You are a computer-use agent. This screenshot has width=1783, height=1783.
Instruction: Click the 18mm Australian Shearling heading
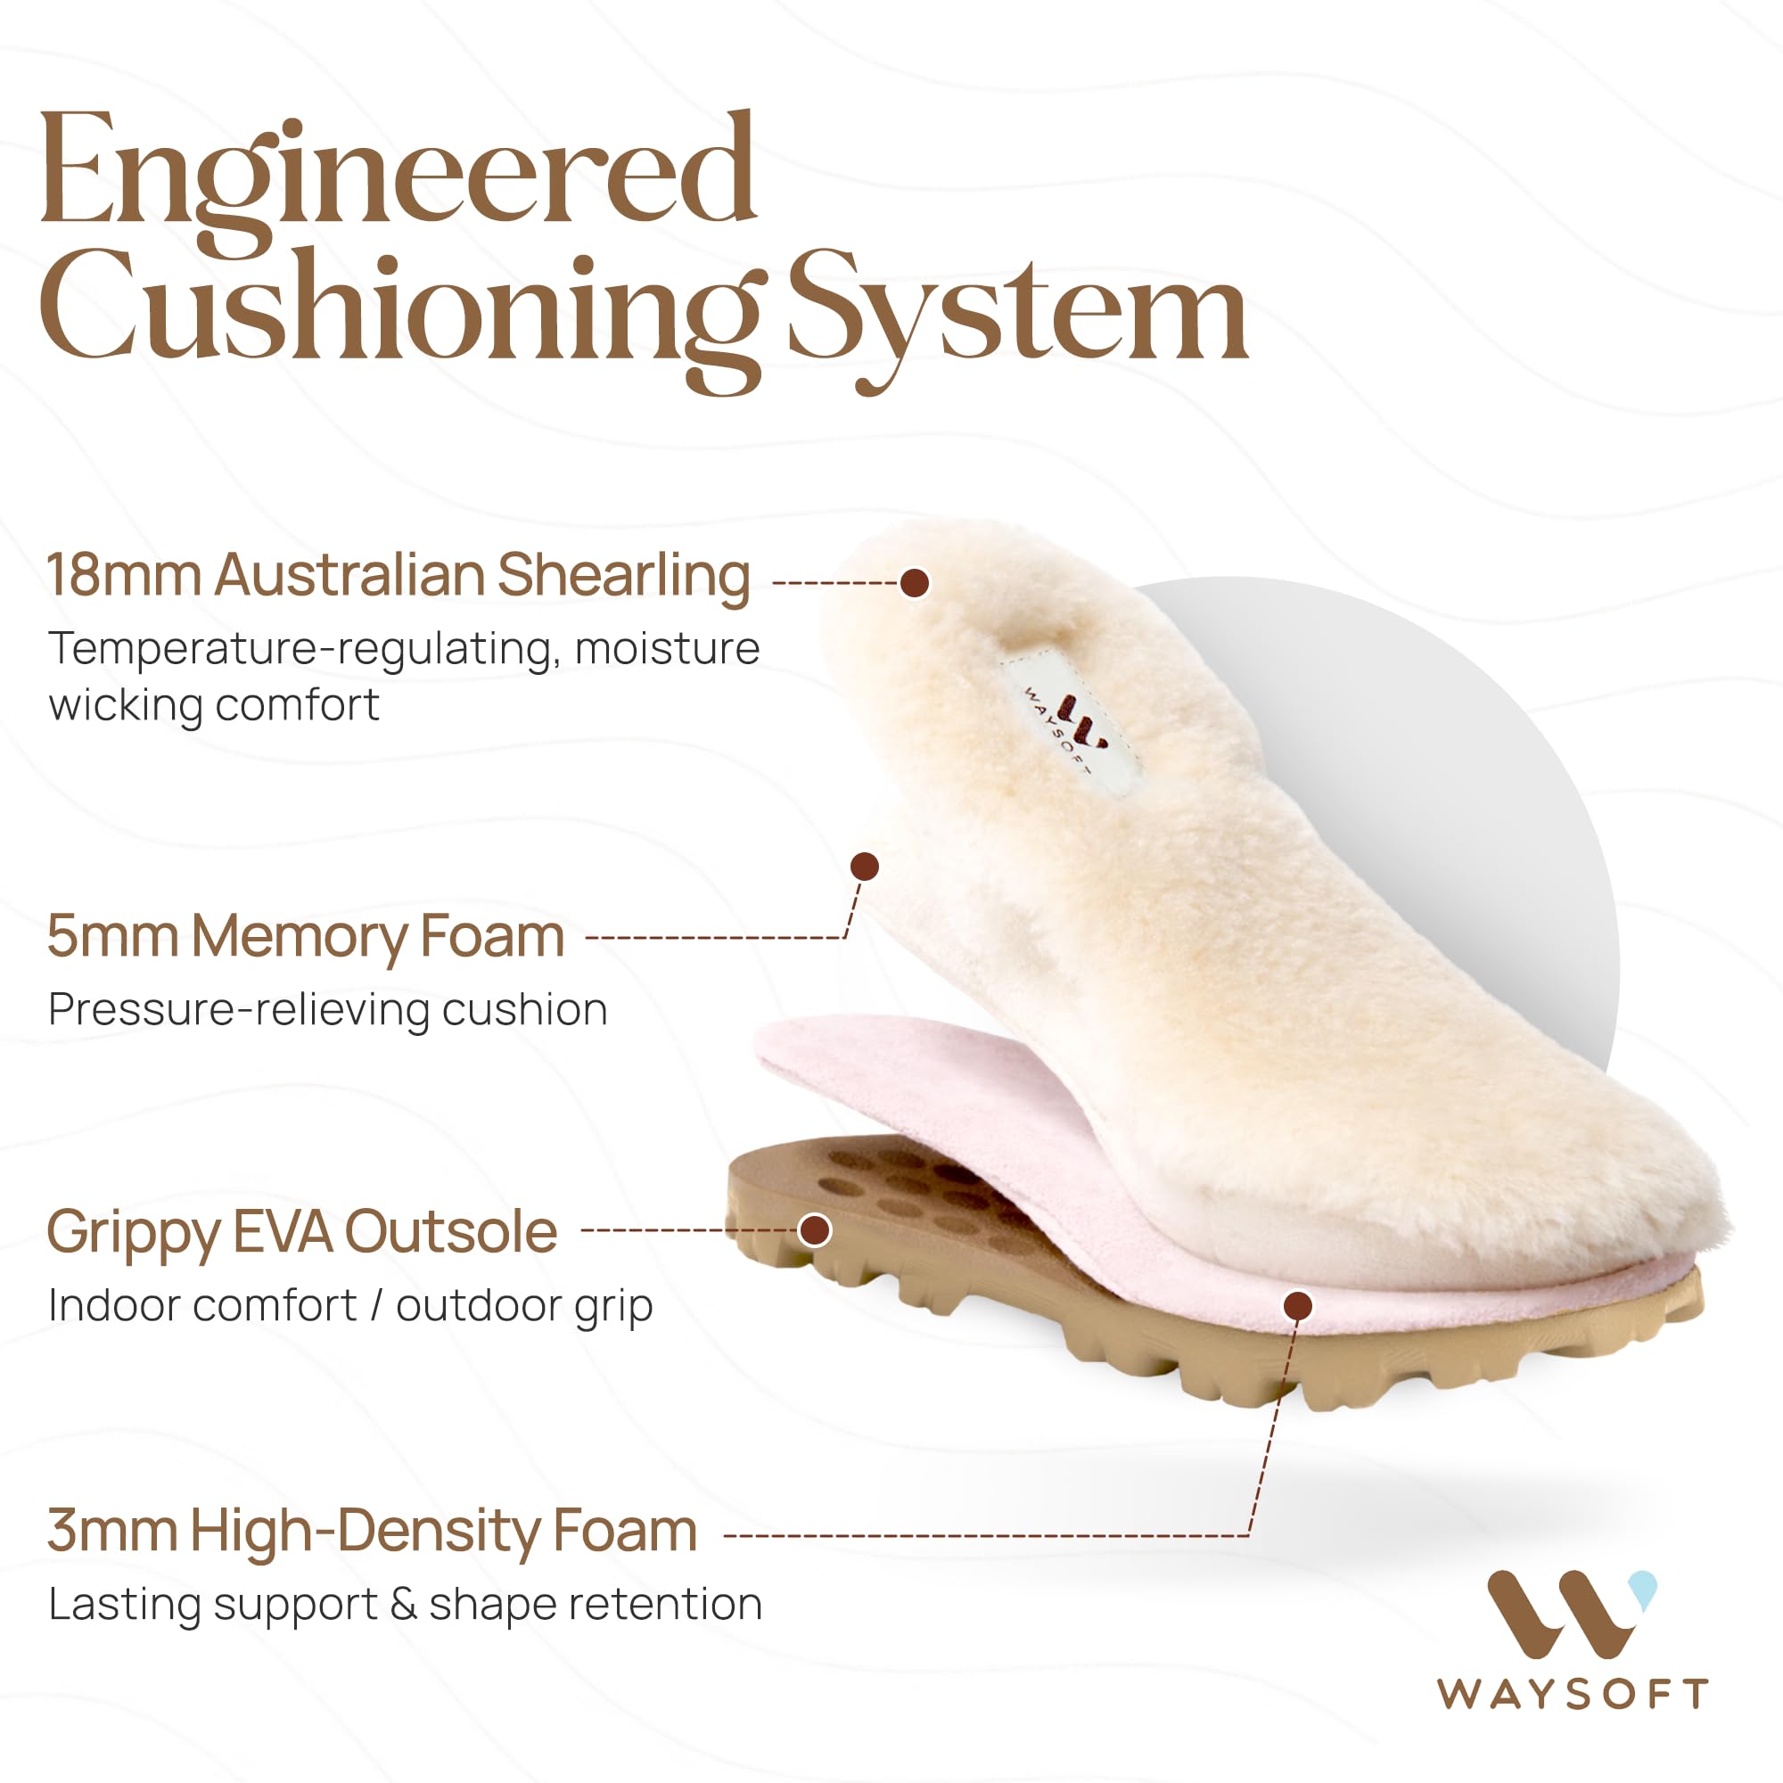point(398,575)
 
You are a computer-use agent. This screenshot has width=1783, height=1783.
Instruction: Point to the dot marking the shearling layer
point(914,582)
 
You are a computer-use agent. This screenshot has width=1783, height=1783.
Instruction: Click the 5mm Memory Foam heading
point(306,936)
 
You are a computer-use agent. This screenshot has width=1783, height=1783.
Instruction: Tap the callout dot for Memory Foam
point(864,866)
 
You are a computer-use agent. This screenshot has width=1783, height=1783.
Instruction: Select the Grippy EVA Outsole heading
point(302,1231)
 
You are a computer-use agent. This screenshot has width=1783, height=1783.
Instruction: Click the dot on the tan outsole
point(814,1229)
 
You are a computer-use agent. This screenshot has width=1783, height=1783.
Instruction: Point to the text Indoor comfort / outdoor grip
point(350,1305)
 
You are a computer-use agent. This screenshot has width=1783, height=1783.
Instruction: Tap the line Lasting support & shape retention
point(405,1604)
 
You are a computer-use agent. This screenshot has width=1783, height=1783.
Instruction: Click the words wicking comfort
point(214,705)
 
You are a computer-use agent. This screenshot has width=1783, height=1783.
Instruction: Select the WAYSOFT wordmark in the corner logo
point(1572,1694)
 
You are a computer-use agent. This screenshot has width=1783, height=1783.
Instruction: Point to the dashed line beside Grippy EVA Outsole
point(687,1230)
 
